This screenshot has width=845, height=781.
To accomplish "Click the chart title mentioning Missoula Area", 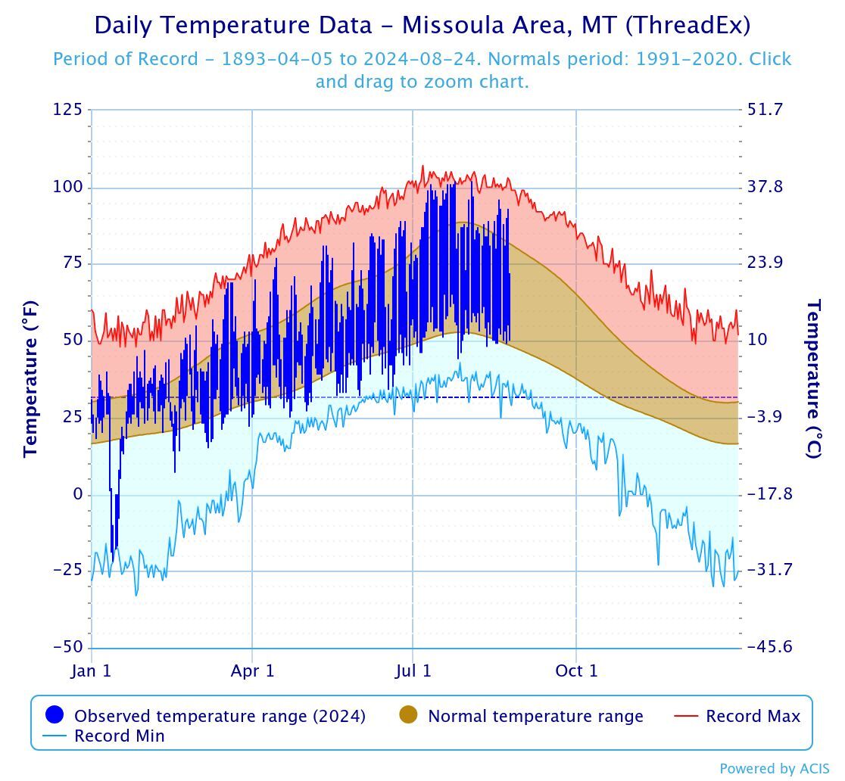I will click(x=422, y=25).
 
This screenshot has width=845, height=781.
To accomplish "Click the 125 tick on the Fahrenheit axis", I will click(x=67, y=110).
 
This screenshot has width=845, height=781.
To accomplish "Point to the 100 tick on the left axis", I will click(x=67, y=187).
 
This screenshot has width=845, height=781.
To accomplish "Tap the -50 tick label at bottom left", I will click(x=67, y=647).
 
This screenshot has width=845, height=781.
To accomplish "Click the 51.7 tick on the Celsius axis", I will click(x=765, y=110).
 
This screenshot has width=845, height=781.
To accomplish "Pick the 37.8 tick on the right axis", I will click(x=765, y=187).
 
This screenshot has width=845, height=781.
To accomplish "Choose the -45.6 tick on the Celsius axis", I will click(x=769, y=647).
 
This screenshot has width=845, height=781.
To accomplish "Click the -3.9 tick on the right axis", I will click(x=769, y=417).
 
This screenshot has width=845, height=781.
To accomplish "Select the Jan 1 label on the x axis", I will click(x=92, y=671).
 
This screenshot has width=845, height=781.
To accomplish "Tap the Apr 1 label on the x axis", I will click(x=252, y=671).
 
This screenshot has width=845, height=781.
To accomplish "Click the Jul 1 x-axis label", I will click(x=413, y=671).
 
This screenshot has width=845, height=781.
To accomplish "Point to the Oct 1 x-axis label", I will click(x=576, y=671).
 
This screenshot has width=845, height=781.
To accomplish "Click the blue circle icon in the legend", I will click(x=55, y=715).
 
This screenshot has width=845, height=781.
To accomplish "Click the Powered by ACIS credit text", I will click(x=774, y=769).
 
